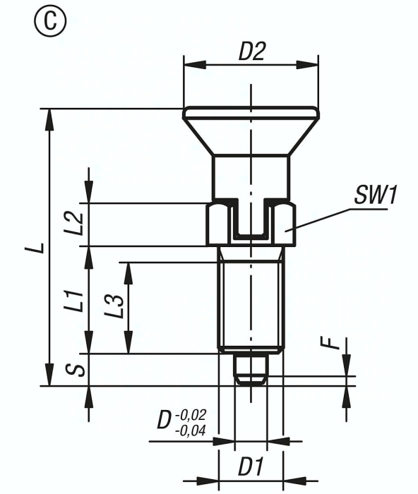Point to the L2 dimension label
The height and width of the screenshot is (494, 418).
pyautogui.click(x=78, y=224)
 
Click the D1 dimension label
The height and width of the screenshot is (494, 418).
pyautogui.click(x=250, y=466)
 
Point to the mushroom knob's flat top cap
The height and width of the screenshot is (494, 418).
pyautogui.click(x=251, y=113)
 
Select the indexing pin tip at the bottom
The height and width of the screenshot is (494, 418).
pyautogui.click(x=251, y=370)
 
